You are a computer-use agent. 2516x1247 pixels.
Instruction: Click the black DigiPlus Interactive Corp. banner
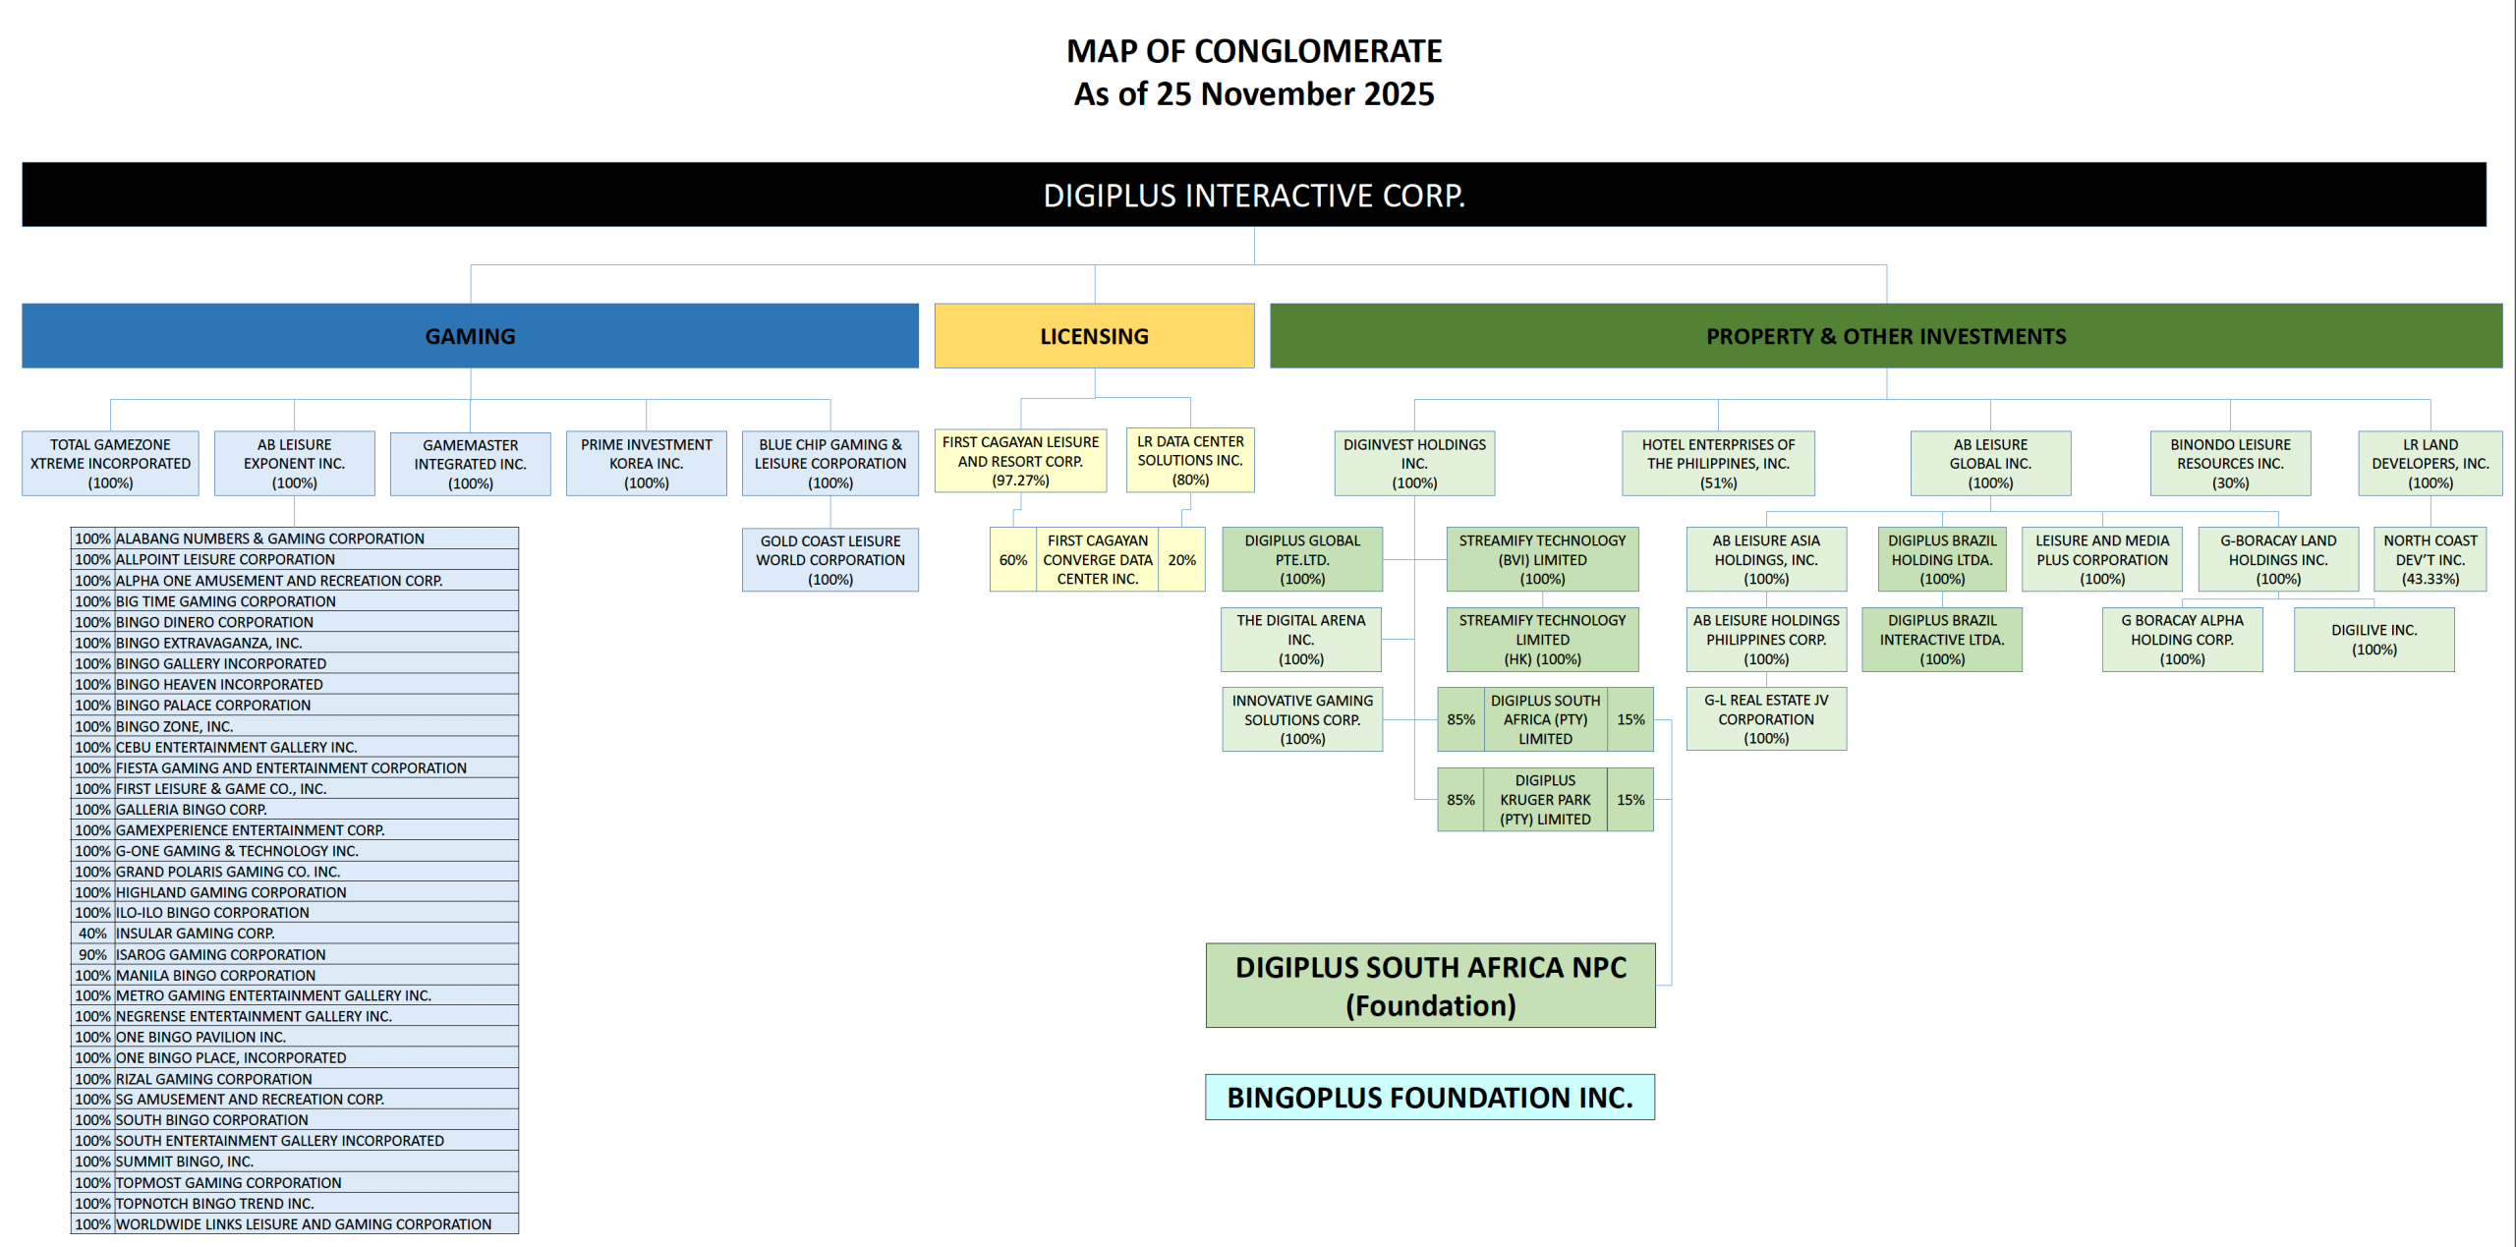tap(1254, 195)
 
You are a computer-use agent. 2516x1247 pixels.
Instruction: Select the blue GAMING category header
tap(470, 336)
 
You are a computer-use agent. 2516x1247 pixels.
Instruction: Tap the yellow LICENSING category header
tap(1094, 336)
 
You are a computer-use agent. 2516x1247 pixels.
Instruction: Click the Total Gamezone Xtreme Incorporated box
tap(110, 464)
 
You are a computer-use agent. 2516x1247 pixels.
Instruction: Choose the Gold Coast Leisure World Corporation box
tap(830, 560)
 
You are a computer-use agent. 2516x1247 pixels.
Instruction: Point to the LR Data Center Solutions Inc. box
tap(1190, 461)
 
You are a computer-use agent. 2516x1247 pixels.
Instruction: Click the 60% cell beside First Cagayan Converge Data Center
tap(1012, 560)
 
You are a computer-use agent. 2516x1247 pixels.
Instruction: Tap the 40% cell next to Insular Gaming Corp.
tap(92, 934)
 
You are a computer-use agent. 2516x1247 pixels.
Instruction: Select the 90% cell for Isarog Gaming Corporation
tap(92, 954)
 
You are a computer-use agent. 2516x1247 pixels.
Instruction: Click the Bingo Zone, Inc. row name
tap(175, 726)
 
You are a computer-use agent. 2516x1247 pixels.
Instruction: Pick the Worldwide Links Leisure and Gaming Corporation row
tap(304, 1224)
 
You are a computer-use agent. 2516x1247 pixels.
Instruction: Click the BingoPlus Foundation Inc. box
tap(1430, 1097)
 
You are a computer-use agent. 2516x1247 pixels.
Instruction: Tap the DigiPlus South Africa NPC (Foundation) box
tap(1430, 986)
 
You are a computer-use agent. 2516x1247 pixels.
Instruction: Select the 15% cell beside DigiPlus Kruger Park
tap(1630, 800)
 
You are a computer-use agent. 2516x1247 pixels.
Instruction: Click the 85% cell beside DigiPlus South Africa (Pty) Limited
tap(1460, 719)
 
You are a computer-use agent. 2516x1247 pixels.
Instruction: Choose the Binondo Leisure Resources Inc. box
tap(2230, 464)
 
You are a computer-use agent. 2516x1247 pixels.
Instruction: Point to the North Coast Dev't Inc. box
tap(2430, 560)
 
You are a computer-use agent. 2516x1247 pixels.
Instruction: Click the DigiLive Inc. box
tap(2373, 640)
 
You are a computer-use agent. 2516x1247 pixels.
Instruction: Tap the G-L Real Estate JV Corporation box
tap(1766, 719)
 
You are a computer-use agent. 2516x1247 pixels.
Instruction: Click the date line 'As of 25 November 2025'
tap(1254, 94)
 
